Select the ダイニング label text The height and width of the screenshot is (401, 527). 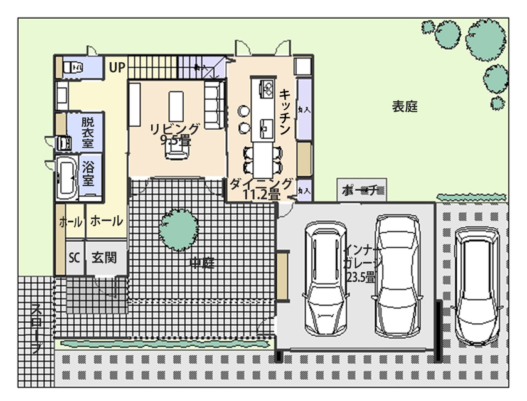[x=260, y=184]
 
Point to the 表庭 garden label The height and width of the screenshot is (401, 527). [x=405, y=107]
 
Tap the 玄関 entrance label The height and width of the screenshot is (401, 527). [x=104, y=258]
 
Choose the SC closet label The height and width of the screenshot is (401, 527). [x=74, y=258]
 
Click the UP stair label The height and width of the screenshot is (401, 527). [x=117, y=67]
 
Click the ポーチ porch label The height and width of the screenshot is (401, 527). [x=360, y=190]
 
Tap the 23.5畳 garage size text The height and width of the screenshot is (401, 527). [x=359, y=276]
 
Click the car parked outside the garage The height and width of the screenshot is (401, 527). [x=478, y=286]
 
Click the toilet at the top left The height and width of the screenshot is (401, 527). [x=70, y=66]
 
